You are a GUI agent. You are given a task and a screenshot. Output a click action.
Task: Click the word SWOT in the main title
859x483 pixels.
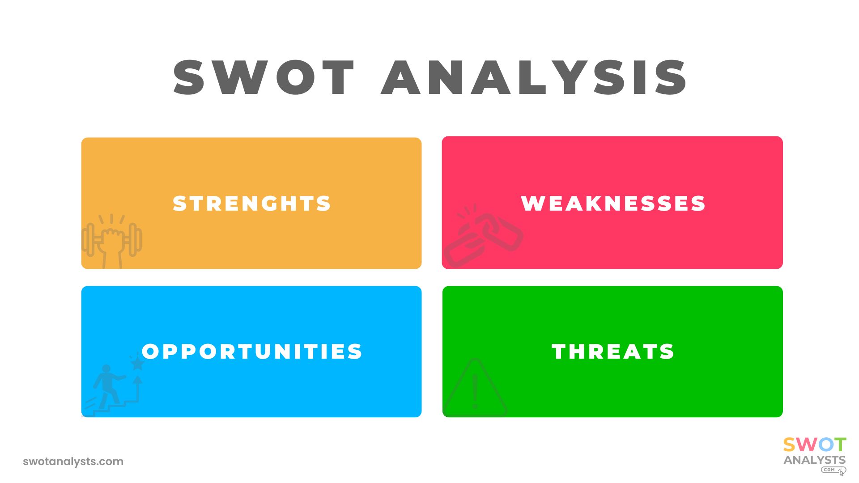(x=264, y=77)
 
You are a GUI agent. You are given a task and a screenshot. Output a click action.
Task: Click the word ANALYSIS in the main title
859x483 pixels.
(x=534, y=77)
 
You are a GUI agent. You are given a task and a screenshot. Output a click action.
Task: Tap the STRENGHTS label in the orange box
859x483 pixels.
(x=252, y=203)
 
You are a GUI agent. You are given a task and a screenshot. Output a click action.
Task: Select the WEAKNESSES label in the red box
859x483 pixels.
(x=613, y=203)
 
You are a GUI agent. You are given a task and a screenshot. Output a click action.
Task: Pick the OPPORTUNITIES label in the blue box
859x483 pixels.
(x=252, y=352)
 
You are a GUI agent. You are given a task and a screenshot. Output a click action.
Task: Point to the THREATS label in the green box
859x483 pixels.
(x=613, y=352)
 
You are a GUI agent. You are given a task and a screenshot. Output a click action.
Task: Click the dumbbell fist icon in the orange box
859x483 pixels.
(x=111, y=241)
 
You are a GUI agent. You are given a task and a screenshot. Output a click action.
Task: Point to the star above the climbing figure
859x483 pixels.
(x=137, y=364)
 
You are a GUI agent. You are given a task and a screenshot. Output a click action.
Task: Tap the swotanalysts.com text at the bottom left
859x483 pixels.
(x=73, y=462)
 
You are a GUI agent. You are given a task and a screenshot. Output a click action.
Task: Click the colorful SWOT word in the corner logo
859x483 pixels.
(x=815, y=445)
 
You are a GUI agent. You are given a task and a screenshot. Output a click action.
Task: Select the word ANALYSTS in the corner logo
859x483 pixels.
(x=815, y=460)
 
